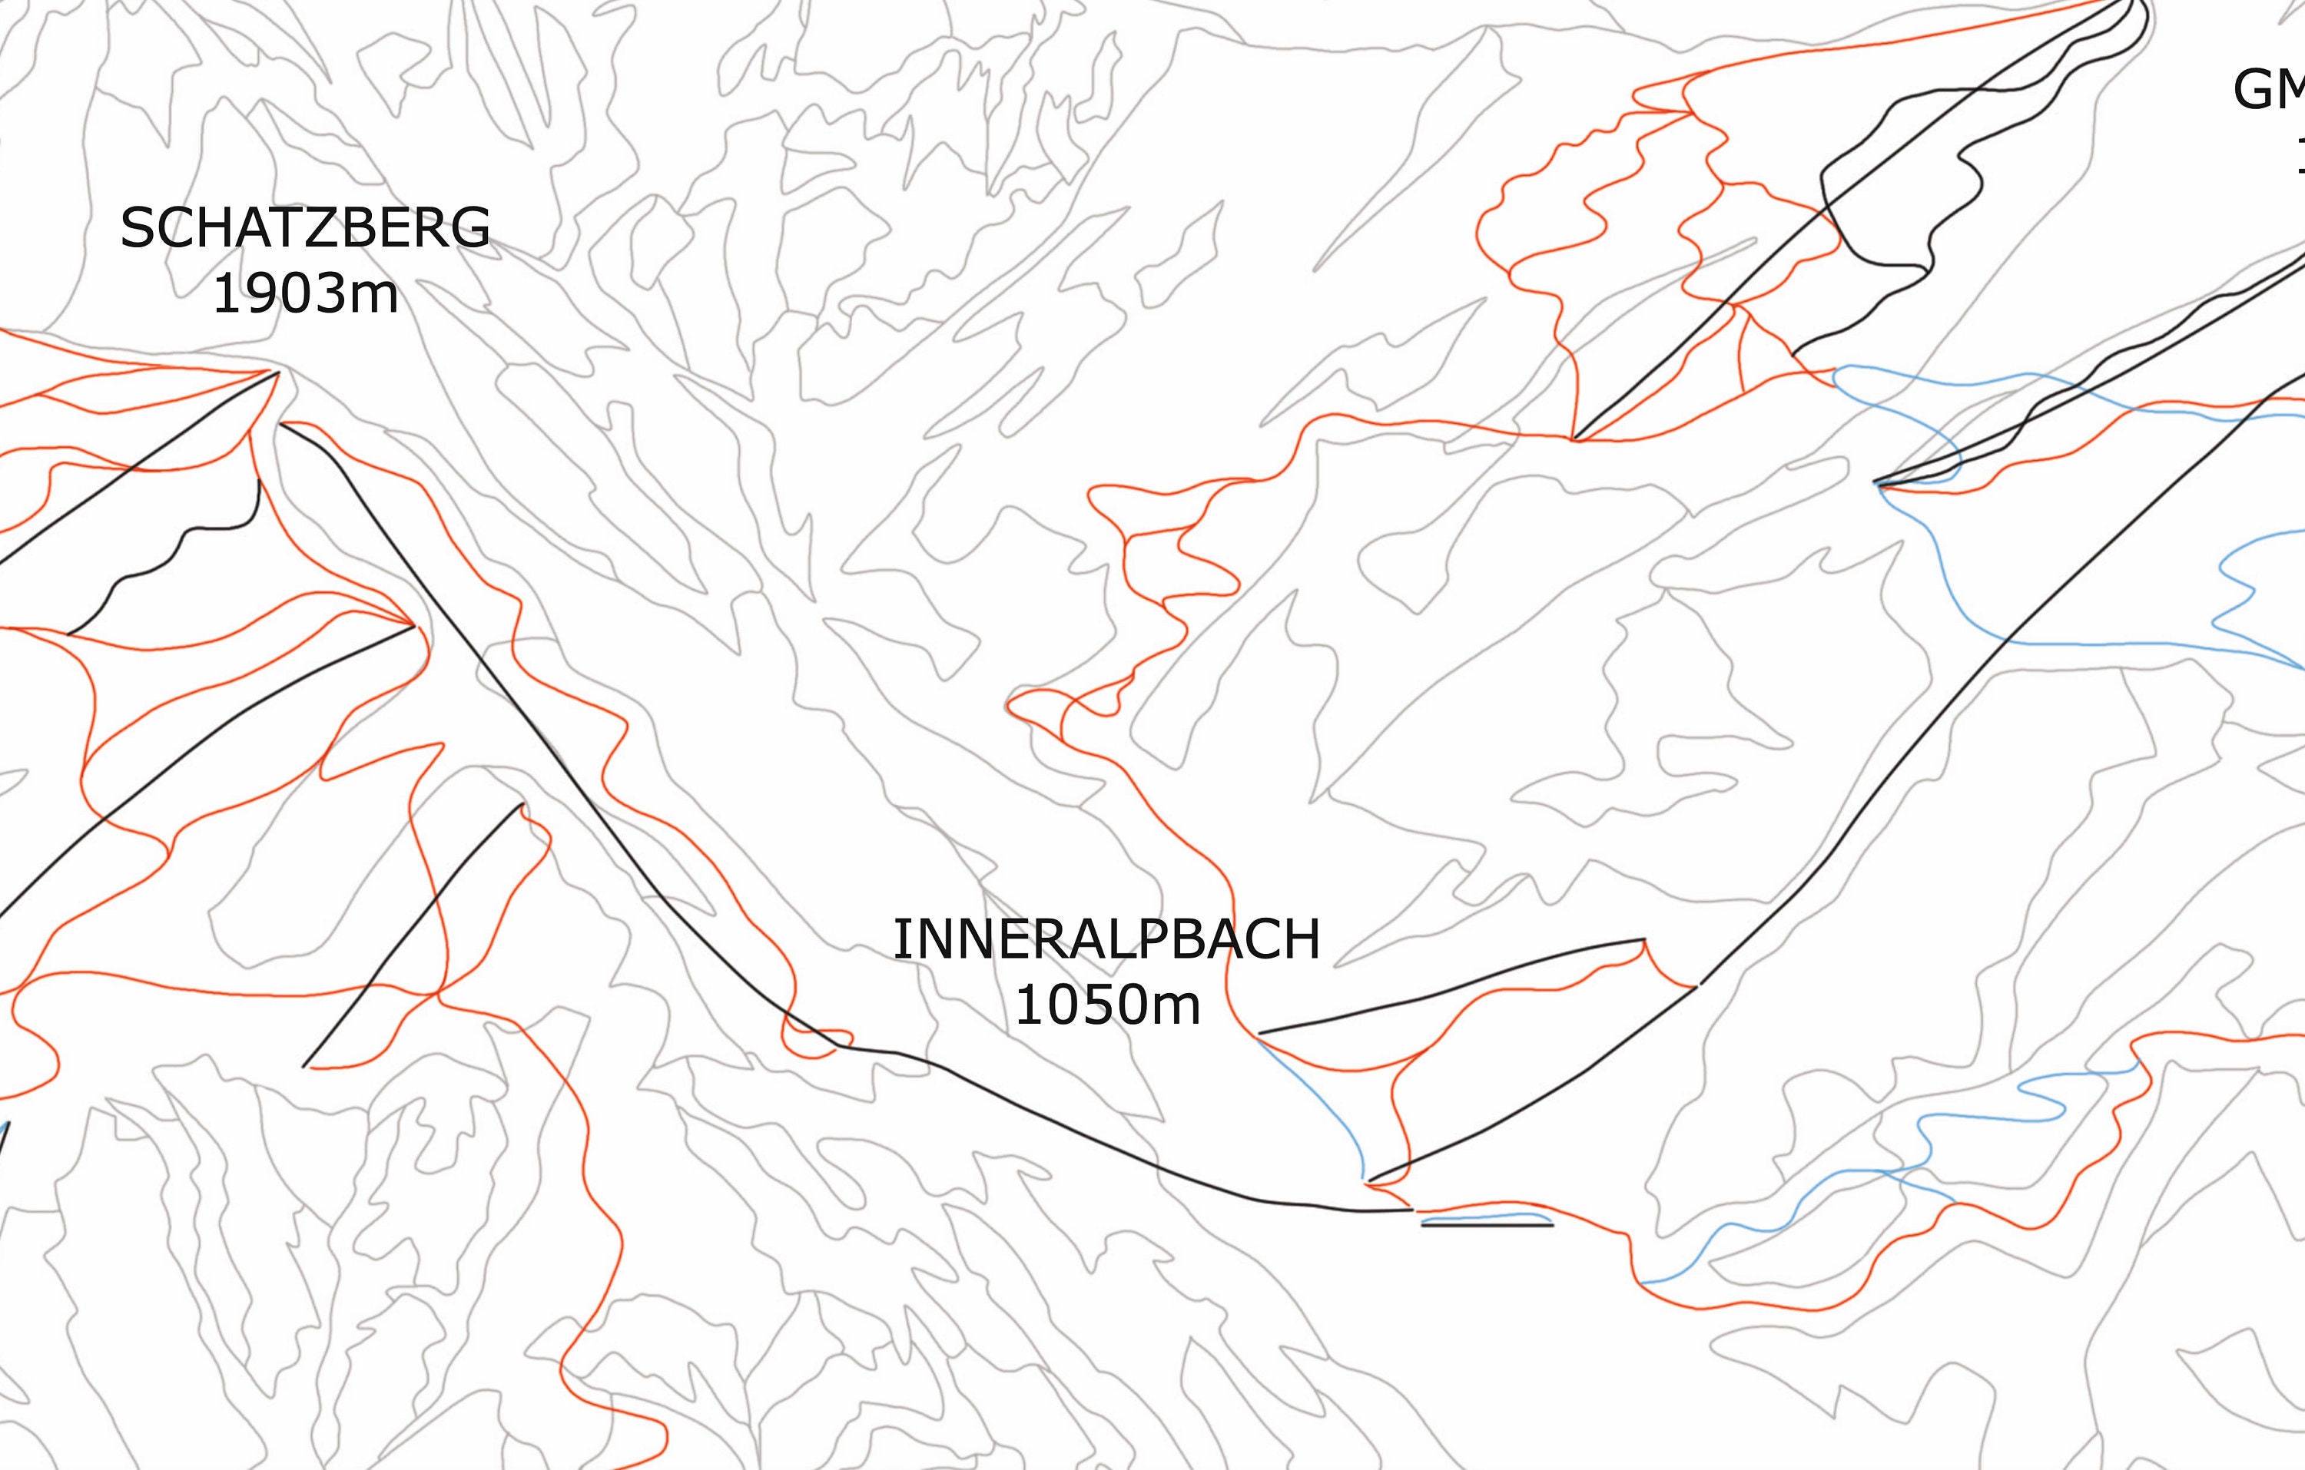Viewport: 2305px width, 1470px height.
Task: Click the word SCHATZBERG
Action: click(304, 228)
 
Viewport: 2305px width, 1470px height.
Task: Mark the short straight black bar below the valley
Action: click(1487, 1225)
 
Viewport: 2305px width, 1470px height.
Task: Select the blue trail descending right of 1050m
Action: click(1321, 1101)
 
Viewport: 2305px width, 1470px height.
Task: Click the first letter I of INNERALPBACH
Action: click(900, 940)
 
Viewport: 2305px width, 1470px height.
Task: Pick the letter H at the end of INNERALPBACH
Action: click(1302, 940)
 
